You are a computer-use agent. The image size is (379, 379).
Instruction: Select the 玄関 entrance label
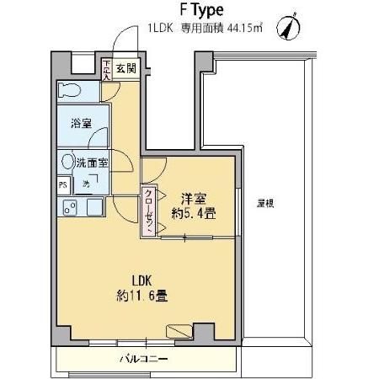[x=125, y=68]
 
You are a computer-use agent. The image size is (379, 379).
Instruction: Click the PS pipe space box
[x=63, y=184]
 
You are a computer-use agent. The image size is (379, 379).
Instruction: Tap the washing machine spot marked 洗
[x=88, y=184]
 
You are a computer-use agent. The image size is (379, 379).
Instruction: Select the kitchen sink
[x=91, y=206]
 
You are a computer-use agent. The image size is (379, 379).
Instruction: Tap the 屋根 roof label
[x=267, y=203]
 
